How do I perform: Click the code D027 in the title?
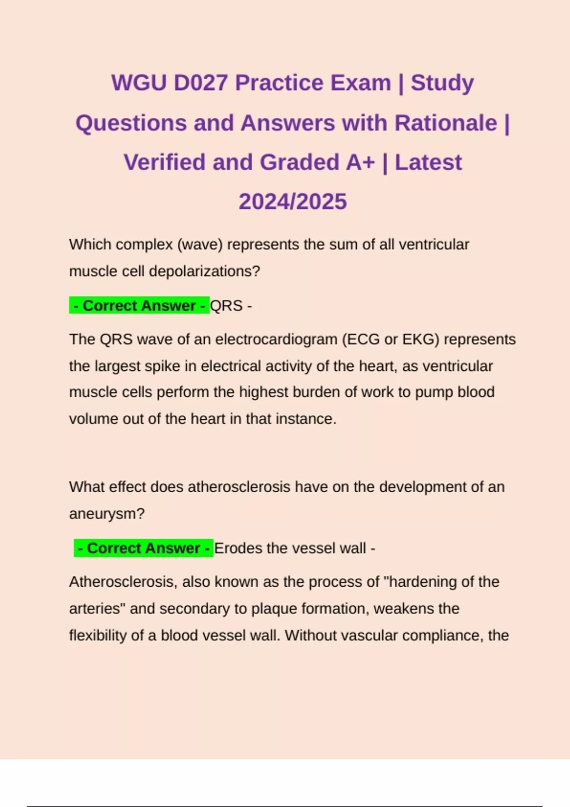click(x=200, y=83)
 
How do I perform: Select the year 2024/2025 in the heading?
click(x=293, y=202)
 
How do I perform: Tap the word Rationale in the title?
click(x=446, y=123)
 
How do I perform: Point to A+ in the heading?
click(x=361, y=162)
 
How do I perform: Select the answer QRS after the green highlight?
click(x=226, y=306)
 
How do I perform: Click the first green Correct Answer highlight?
click(x=140, y=306)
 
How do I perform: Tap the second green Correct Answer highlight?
click(x=143, y=548)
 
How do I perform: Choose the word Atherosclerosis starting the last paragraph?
click(x=123, y=582)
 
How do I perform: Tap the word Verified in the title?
click(x=165, y=162)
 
